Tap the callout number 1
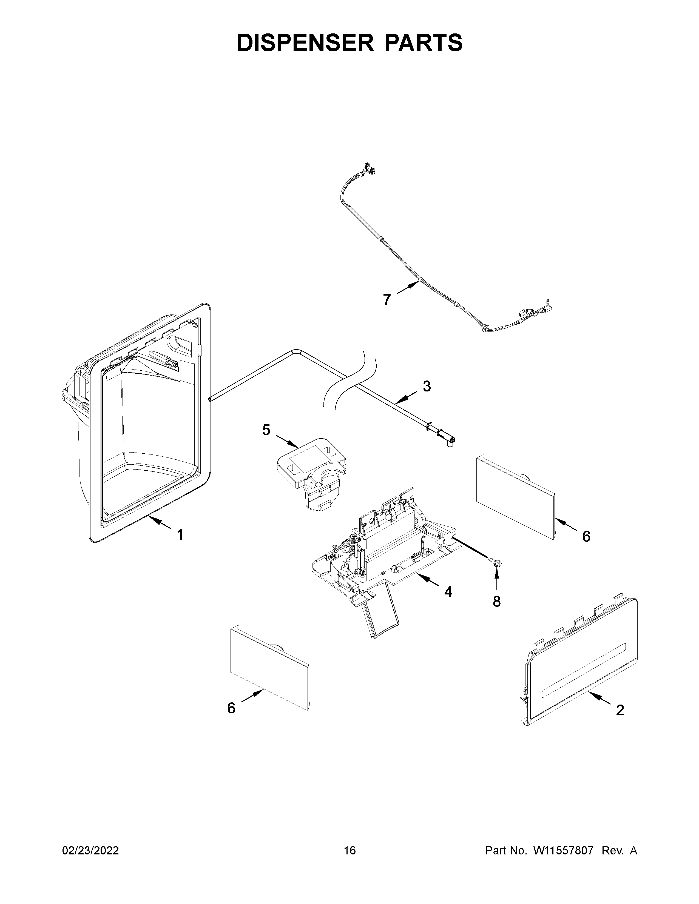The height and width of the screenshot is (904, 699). point(180,535)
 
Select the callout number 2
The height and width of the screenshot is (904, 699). point(620,710)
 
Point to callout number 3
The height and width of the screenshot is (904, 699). point(427,386)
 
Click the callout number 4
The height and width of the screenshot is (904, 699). point(448,592)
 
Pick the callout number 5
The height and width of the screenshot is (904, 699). point(266,430)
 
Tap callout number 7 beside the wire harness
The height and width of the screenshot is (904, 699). point(387,299)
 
